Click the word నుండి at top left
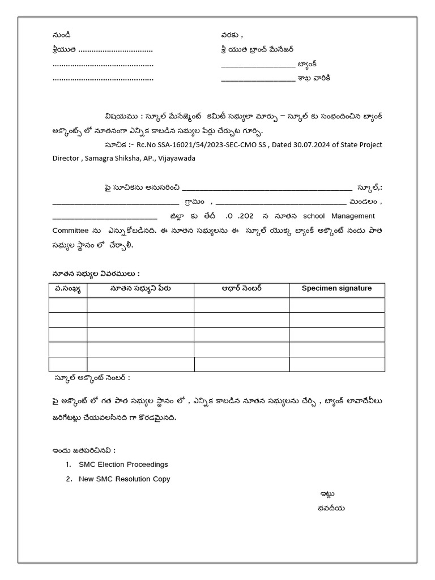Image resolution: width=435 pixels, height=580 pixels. pos(62,35)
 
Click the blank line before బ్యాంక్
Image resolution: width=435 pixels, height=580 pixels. pos(257,64)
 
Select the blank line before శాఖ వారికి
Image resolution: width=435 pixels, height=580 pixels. pos(257,78)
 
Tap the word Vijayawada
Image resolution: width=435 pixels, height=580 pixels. pos(177,158)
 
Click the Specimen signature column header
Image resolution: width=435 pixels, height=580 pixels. pos(336,288)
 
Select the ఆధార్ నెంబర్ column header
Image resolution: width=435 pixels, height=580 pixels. pos(241,288)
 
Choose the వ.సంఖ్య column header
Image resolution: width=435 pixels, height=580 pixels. pos(67,288)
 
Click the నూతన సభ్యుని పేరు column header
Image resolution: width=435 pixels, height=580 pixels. pos(140,288)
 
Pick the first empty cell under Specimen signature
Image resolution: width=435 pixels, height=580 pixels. pos(336,305)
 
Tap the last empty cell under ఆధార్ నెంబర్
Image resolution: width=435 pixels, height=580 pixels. pos(241,364)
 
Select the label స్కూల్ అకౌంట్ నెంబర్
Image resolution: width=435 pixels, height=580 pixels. pos(92,377)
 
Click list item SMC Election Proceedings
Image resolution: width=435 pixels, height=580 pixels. pos(123,464)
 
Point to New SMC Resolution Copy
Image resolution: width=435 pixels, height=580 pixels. pos(125,479)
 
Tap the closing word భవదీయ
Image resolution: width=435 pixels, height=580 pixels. pos(331,508)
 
